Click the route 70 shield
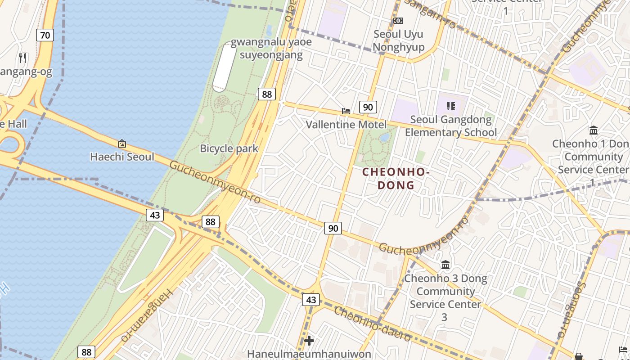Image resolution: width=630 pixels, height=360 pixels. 45,35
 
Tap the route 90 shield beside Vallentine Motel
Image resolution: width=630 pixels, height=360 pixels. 368,107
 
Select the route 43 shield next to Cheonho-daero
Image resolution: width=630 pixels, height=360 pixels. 311,299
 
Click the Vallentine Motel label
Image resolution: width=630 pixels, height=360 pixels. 346,124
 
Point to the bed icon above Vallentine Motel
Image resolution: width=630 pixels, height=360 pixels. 346,111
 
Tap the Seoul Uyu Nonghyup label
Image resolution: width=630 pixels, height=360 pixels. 398,40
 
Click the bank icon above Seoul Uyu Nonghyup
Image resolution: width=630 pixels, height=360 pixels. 398,21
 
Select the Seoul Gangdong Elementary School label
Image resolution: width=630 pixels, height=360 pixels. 451,126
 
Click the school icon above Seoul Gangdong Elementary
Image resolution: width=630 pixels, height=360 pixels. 451,106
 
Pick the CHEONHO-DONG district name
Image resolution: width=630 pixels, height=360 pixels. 396,178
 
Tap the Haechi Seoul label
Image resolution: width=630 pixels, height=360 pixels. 122,157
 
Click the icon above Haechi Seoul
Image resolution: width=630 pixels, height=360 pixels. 121,144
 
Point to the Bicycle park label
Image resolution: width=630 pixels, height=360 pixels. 229,148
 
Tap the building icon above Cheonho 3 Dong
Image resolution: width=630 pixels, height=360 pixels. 445,265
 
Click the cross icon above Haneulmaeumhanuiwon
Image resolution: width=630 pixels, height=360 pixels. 309,341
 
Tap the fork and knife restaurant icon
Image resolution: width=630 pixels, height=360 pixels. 23,58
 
